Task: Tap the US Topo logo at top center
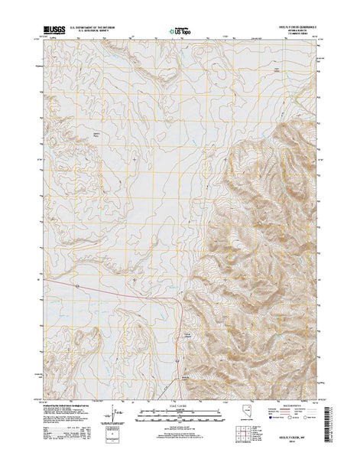[x=180, y=31]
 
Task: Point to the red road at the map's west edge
[x=46, y=279]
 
